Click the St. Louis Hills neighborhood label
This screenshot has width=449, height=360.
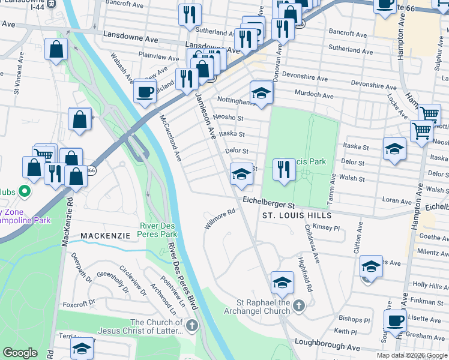[x=297, y=215]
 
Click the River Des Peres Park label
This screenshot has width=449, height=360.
[x=158, y=230]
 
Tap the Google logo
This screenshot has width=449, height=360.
[x=20, y=353]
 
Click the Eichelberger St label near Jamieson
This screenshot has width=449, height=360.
[x=267, y=203]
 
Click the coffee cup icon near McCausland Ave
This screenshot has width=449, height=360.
[x=144, y=91]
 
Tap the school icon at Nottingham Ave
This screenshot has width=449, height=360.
[x=261, y=94]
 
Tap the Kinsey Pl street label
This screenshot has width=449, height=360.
[x=327, y=228]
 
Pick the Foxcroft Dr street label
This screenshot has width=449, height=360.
[x=75, y=304]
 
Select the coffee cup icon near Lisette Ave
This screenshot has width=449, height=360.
[x=395, y=321]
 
